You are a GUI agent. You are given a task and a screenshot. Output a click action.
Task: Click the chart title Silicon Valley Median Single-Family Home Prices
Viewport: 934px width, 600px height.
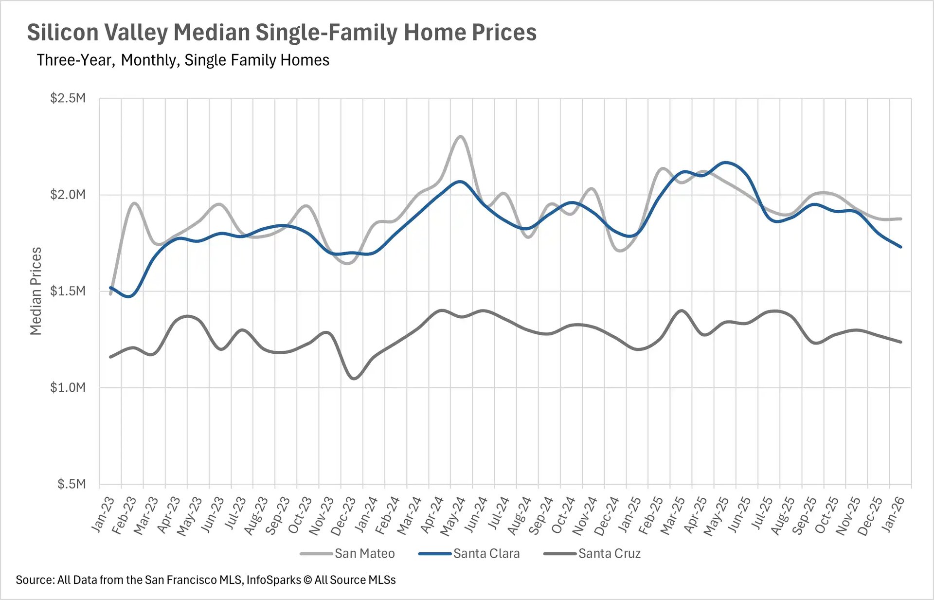[281, 33]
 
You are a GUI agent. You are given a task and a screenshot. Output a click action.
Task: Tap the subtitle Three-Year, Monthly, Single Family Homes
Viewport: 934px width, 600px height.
[183, 60]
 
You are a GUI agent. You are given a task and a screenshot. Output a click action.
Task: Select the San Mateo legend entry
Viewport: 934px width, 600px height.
[364, 554]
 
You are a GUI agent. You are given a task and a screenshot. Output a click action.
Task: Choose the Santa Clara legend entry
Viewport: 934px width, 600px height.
[486, 554]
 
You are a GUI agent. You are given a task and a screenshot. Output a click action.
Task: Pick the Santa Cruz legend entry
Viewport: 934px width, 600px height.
[609, 554]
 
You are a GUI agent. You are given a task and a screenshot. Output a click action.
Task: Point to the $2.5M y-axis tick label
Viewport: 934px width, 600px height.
[68, 98]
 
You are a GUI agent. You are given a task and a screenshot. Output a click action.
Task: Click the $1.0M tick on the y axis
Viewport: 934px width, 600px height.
[68, 388]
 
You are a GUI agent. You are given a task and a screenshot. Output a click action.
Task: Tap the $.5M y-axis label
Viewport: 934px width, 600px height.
[71, 484]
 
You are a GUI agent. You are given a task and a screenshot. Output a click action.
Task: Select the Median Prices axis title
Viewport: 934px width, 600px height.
[36, 291]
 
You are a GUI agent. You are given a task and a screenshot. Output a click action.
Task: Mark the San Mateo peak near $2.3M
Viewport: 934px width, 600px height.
[460, 137]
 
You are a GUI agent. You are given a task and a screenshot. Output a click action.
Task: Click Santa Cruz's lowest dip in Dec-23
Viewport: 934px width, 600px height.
[354, 379]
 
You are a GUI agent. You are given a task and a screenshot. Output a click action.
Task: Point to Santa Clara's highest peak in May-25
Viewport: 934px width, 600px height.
[726, 163]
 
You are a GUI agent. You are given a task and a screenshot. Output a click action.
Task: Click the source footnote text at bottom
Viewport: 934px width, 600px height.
[205, 580]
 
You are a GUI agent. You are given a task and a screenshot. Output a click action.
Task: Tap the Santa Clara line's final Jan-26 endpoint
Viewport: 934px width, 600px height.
[901, 247]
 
